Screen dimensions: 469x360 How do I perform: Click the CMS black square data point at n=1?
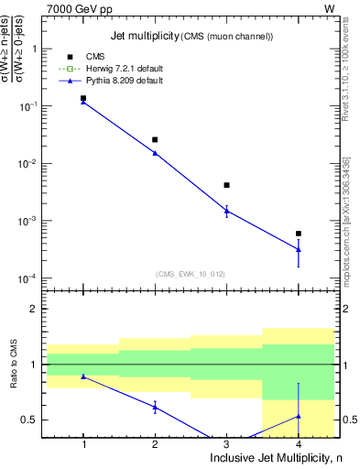(83, 98)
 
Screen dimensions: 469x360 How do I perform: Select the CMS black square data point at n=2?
(155, 139)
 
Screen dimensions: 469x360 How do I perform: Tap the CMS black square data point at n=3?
(226, 185)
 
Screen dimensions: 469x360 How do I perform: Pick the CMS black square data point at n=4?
(298, 234)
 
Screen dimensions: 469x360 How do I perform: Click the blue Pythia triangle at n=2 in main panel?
(155, 153)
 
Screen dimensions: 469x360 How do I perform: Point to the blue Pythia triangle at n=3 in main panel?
(226, 211)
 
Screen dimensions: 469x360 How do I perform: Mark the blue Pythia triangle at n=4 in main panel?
(298, 249)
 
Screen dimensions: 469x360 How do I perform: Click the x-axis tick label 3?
(226, 444)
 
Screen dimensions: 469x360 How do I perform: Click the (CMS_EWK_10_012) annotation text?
(191, 274)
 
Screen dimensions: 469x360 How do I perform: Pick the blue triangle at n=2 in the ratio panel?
(155, 407)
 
